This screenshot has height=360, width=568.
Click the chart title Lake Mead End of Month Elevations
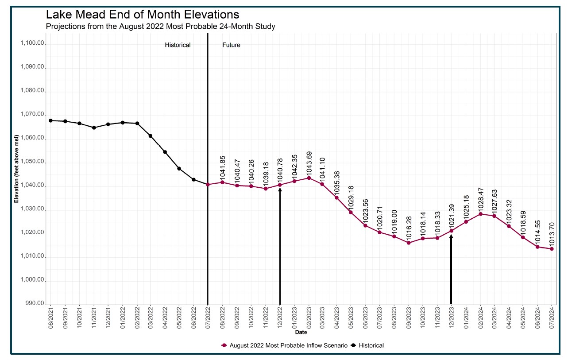[x=143, y=15]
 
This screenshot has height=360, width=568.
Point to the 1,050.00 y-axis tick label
[x=33, y=162]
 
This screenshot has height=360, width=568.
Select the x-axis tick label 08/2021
[x=50, y=319]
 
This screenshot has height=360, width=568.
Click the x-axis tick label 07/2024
[x=552, y=319]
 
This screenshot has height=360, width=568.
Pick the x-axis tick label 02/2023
[x=309, y=319]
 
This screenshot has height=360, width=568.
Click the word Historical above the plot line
[x=178, y=45]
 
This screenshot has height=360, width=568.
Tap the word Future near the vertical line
[x=231, y=45]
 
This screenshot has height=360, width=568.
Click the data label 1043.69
[x=309, y=164]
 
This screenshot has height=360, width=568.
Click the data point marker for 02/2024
[x=480, y=214]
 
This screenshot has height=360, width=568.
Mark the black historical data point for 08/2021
[x=50, y=120]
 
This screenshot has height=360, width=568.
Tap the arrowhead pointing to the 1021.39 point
[x=451, y=236]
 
